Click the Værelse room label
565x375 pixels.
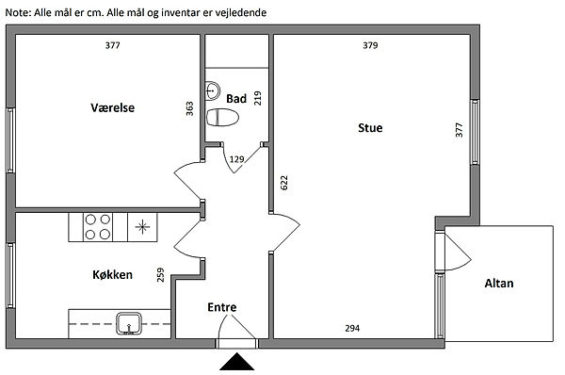112,107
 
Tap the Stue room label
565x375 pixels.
370,127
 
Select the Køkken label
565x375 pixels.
112,274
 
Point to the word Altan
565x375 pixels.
499,283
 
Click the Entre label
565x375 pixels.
222,307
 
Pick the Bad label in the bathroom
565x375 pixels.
236,98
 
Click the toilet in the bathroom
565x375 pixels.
222,117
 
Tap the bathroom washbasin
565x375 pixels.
213,90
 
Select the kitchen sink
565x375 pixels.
129,323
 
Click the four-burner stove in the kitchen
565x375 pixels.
98,227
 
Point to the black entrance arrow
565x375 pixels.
236,362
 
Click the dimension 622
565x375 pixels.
284,183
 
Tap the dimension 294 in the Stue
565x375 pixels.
352,328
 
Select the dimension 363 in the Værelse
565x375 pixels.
189,108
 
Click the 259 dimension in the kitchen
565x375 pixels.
161,274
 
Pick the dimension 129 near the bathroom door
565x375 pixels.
236,159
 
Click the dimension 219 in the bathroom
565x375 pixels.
258,98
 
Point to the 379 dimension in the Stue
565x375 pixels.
370,45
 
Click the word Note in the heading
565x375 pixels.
18,12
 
